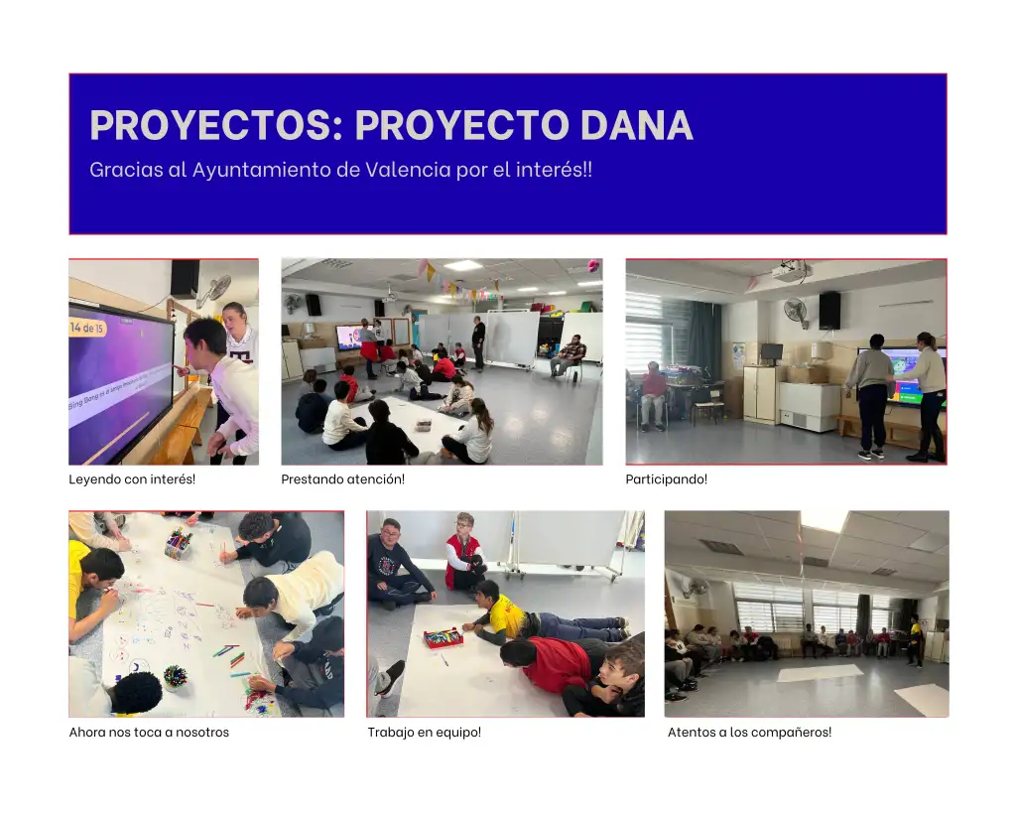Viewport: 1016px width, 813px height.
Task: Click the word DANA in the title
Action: click(636, 124)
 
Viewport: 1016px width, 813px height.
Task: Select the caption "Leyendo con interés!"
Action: click(132, 479)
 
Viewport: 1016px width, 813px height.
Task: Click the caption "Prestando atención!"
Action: click(342, 479)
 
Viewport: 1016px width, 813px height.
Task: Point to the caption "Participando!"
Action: click(666, 479)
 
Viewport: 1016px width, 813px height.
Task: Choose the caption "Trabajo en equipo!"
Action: click(425, 732)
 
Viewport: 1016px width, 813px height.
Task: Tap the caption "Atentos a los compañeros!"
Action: click(750, 732)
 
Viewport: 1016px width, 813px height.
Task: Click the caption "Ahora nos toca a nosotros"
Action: click(149, 732)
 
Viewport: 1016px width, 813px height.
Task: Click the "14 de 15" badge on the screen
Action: click(87, 328)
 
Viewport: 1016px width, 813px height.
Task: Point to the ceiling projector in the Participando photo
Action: click(791, 270)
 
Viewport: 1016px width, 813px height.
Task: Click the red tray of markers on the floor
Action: click(444, 638)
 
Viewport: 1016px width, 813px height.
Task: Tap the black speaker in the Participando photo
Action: click(829, 311)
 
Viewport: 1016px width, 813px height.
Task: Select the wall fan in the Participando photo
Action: click(797, 312)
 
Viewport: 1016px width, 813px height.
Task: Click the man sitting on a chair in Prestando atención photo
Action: click(569, 356)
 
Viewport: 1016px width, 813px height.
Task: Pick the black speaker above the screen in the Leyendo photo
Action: click(185, 279)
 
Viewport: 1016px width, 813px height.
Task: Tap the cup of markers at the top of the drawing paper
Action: click(179, 544)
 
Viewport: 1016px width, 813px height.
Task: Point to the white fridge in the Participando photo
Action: click(809, 407)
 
